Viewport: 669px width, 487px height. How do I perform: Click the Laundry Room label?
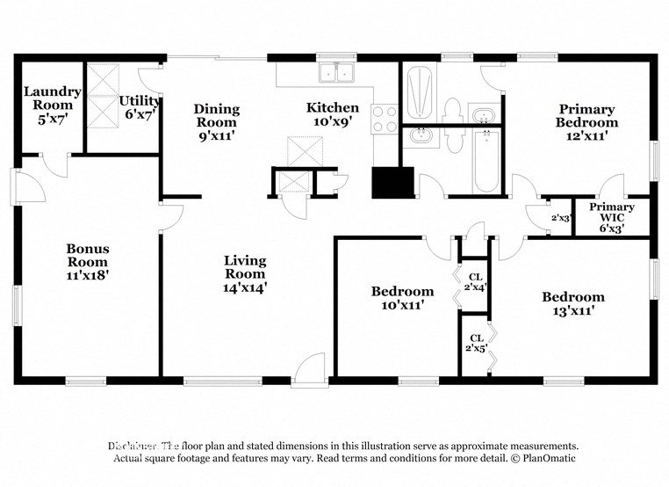[52, 98]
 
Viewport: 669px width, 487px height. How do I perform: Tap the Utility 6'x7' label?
[139, 106]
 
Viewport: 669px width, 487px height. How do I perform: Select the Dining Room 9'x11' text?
[216, 122]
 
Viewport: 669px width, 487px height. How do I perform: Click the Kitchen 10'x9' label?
[332, 114]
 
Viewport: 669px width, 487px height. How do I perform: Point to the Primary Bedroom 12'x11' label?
[586, 122]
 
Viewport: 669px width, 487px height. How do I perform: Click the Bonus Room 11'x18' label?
[88, 261]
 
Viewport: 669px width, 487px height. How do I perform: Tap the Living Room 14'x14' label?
[245, 273]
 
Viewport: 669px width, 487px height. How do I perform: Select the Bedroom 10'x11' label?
[402, 298]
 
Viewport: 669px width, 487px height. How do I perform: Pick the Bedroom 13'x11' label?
[572, 303]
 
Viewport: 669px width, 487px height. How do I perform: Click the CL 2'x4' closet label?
[475, 281]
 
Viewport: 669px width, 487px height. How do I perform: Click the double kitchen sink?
[336, 73]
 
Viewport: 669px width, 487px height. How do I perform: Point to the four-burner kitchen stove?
[385, 119]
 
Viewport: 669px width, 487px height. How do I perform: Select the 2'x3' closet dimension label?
[558, 217]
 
